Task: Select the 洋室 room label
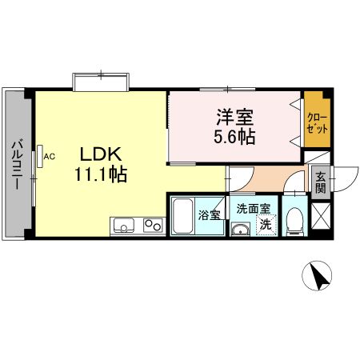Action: (231, 117)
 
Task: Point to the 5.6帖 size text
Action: (234, 136)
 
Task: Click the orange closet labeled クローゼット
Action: (315, 122)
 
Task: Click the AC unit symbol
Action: (39, 158)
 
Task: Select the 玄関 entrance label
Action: (320, 183)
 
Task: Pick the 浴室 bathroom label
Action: (210, 214)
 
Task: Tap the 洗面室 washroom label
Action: (253, 210)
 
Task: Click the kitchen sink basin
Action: (125, 226)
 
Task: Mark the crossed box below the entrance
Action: (322, 218)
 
